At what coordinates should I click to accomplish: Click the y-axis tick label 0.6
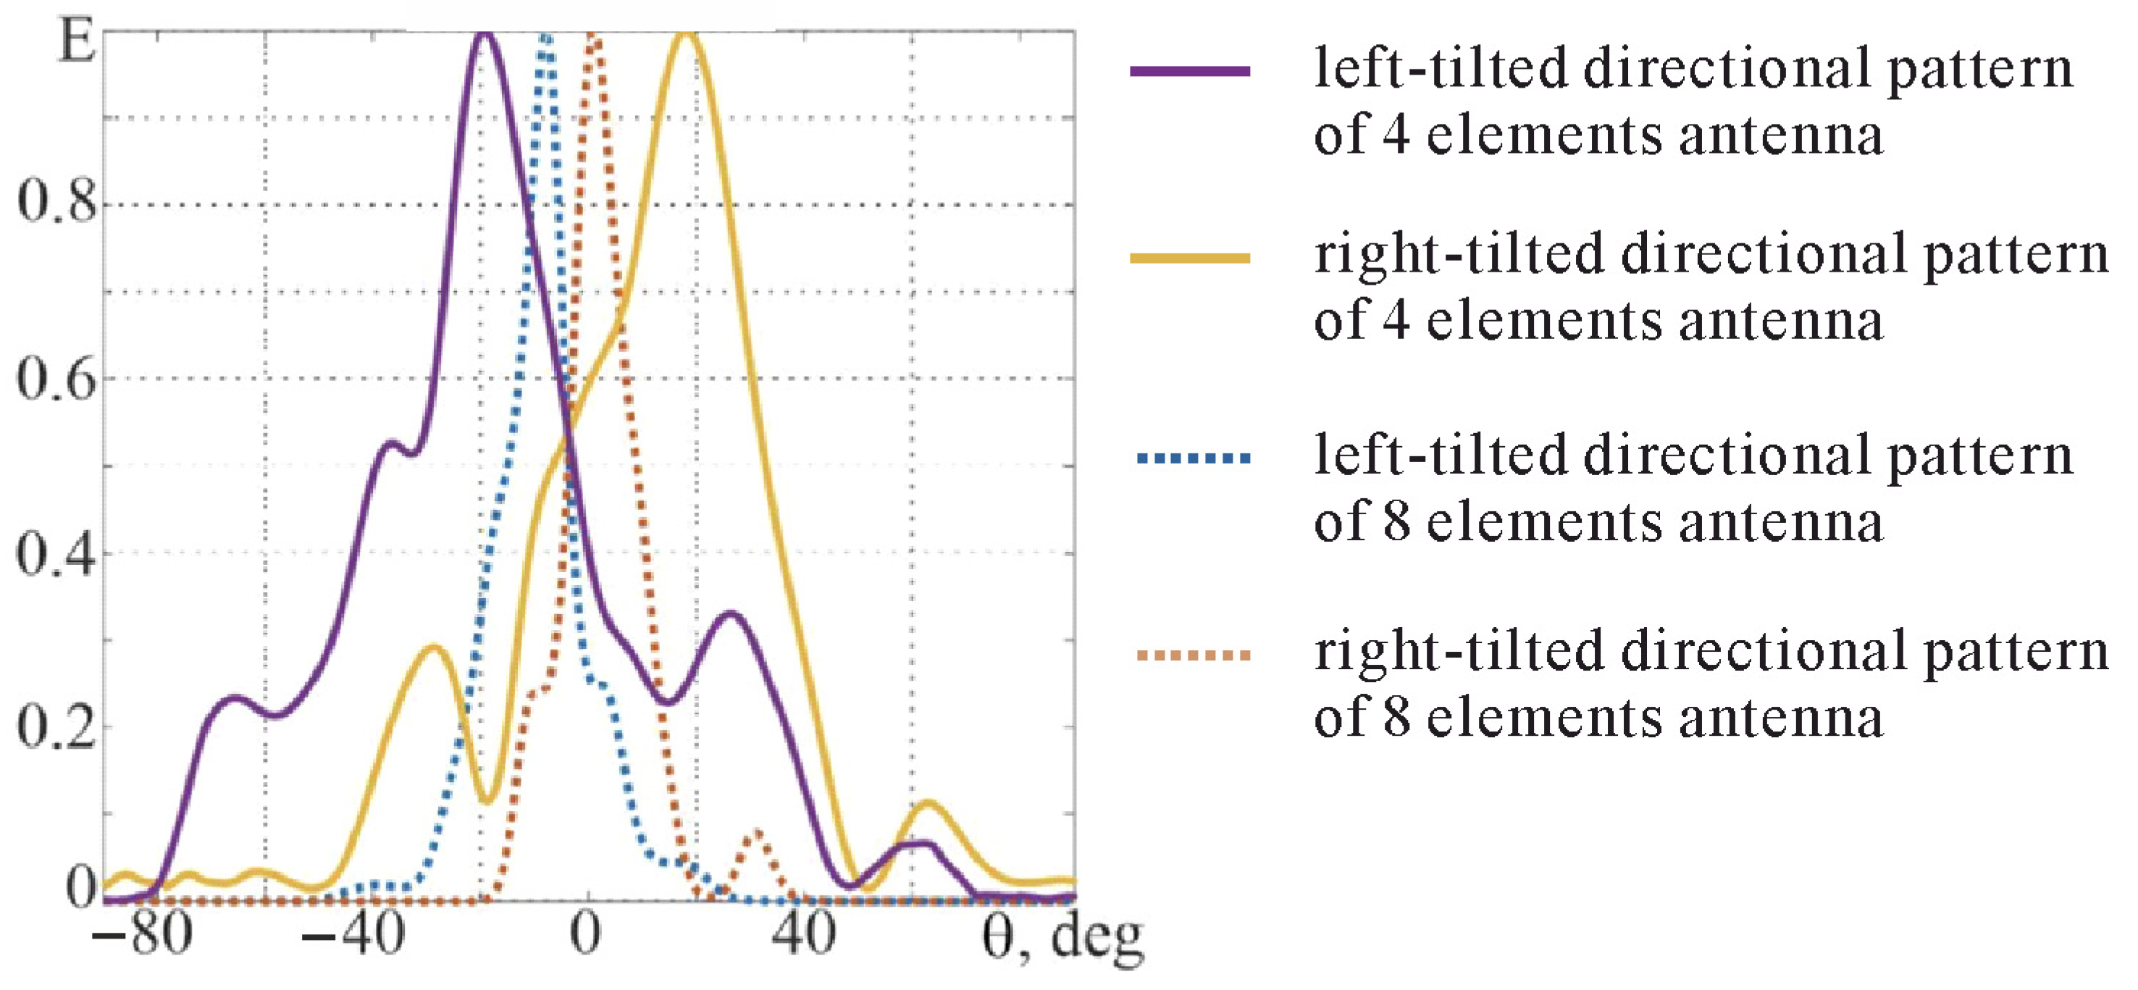pyautogui.click(x=56, y=379)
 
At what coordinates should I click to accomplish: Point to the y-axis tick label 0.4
pyautogui.click(x=56, y=553)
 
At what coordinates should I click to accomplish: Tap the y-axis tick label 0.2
pyautogui.click(x=56, y=727)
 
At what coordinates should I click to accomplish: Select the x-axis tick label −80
pyautogui.click(x=142, y=934)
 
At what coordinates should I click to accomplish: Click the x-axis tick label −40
pyautogui.click(x=353, y=934)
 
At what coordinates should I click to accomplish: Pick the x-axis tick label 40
pyautogui.click(x=802, y=934)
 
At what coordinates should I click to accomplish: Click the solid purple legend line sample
pyautogui.click(x=1189, y=72)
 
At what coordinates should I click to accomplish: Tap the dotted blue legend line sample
pyautogui.click(x=1194, y=457)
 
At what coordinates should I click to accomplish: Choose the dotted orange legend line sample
pyautogui.click(x=1194, y=655)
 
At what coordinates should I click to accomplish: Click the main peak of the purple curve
pyautogui.click(x=485, y=35)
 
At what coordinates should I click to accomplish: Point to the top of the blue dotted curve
pyautogui.click(x=545, y=38)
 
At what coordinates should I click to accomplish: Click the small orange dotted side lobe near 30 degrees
pyautogui.click(x=757, y=832)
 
